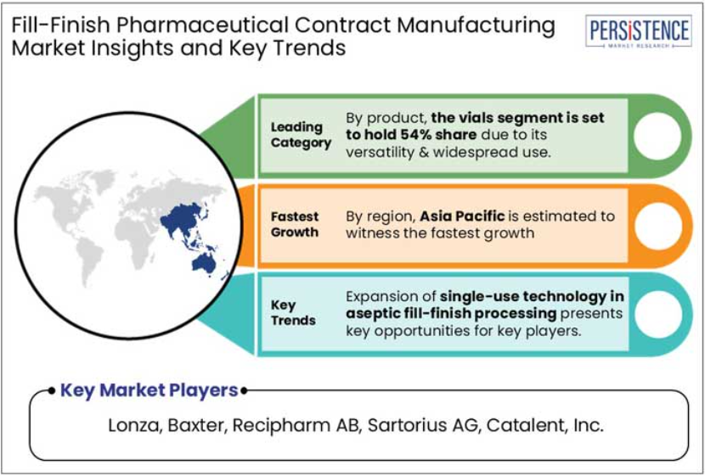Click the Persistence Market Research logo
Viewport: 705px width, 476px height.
point(639,31)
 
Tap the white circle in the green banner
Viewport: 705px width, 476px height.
point(657,136)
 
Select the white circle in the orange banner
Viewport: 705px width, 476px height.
point(657,226)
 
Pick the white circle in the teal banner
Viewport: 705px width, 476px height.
point(657,314)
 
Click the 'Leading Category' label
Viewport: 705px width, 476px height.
point(301,135)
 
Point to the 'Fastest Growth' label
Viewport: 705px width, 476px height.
point(295,225)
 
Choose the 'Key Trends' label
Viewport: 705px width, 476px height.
point(293,313)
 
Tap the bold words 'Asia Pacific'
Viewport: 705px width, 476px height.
point(462,216)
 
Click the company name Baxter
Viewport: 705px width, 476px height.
point(196,425)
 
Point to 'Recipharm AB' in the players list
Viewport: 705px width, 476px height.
point(296,426)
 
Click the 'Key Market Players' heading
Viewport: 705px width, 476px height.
point(149,390)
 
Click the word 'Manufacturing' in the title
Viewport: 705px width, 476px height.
point(476,25)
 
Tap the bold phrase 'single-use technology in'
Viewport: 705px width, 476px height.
point(532,297)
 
